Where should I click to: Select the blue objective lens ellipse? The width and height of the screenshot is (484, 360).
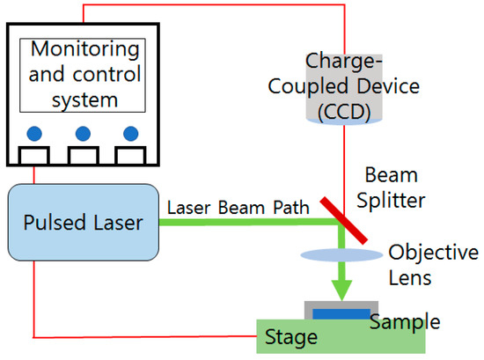342,255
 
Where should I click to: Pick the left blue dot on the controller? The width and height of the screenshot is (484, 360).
34,134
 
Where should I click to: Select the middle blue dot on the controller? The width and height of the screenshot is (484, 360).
83,134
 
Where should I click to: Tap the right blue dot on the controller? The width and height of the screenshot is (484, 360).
131,134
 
